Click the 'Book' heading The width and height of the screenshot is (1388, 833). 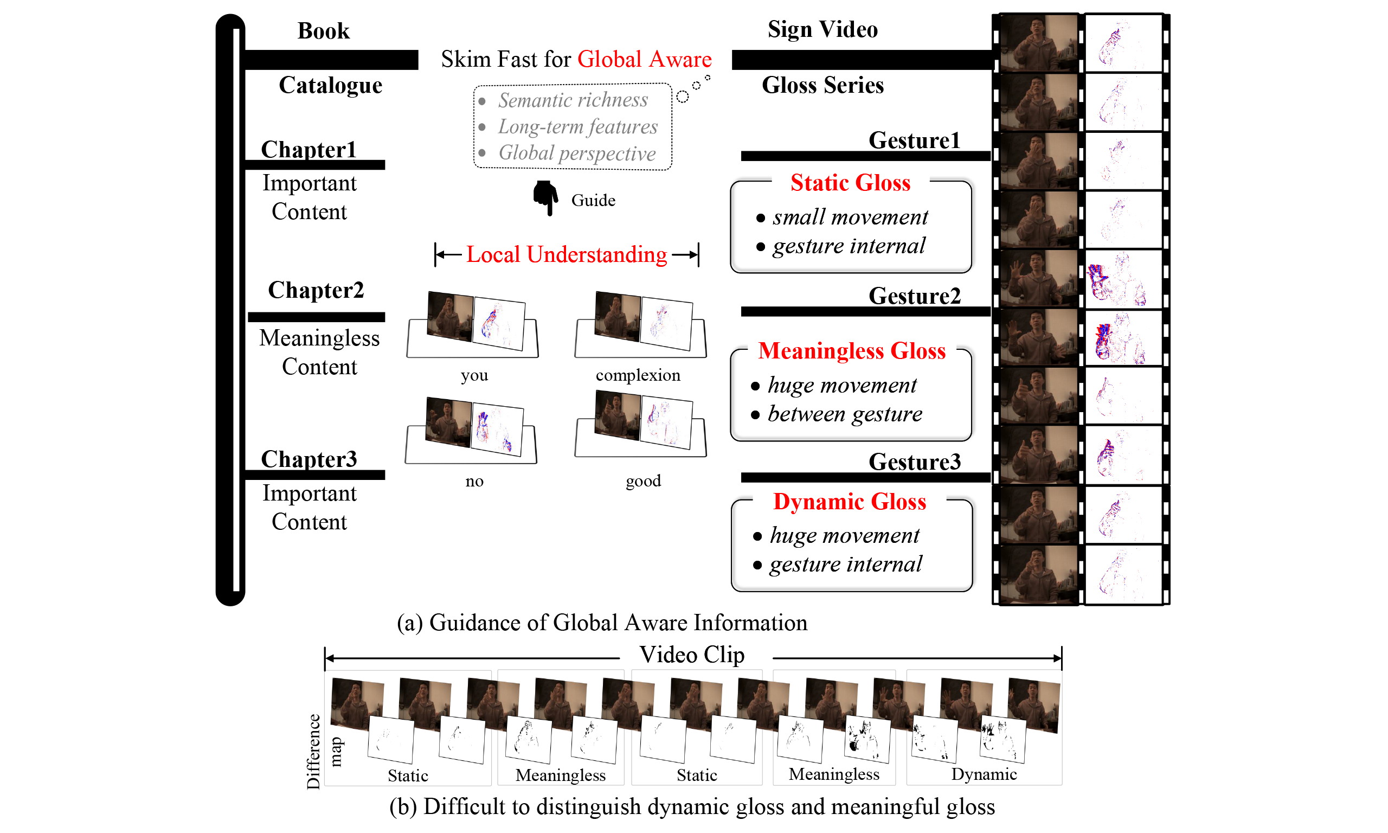[323, 31]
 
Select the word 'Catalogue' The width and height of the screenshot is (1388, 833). [330, 85]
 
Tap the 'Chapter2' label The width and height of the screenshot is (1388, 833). [316, 290]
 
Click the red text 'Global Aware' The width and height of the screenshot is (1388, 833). [644, 60]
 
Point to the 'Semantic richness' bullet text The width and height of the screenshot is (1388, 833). [573, 100]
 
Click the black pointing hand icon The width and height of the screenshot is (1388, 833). [545, 197]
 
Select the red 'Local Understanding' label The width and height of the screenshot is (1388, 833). [567, 255]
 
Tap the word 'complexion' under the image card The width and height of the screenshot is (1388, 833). [638, 375]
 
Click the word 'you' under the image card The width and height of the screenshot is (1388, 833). [474, 375]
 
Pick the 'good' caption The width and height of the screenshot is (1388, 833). [643, 480]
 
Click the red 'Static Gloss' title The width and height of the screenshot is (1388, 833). [850, 183]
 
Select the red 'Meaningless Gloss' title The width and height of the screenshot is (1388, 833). [852, 351]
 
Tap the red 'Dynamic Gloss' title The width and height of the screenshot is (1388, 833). [850, 502]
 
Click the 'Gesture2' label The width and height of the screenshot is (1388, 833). [915, 296]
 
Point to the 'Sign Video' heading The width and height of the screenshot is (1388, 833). [822, 29]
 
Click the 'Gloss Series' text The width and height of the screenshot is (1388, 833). [822, 85]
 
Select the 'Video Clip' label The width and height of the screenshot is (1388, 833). [692, 655]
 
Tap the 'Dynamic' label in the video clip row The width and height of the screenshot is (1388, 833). [984, 774]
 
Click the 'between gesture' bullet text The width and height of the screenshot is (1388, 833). [844, 414]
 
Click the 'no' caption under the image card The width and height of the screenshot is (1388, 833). [474, 481]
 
